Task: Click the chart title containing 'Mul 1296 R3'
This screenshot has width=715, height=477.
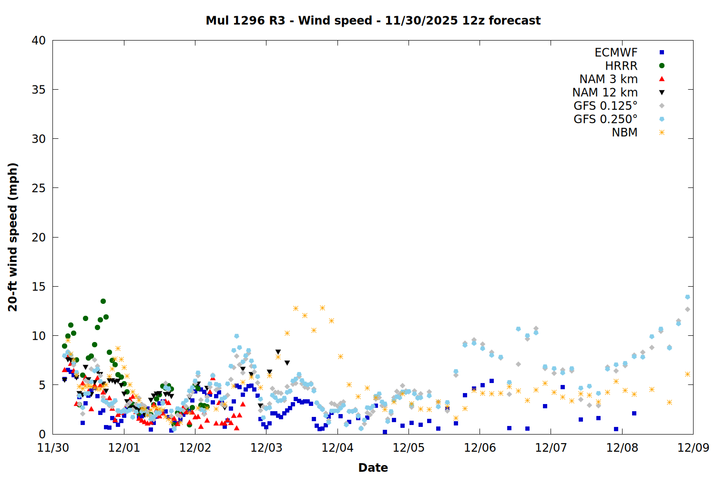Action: pyautogui.click(x=373, y=21)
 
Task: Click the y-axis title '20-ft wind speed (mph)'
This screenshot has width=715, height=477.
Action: pyautogui.click(x=13, y=237)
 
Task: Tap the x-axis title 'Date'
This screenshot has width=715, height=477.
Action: pyautogui.click(x=373, y=467)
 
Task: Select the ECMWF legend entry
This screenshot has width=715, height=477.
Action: pyautogui.click(x=616, y=52)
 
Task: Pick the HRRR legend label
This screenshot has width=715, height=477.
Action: pyautogui.click(x=621, y=66)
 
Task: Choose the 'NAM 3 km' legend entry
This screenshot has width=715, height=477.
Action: pyautogui.click(x=608, y=79)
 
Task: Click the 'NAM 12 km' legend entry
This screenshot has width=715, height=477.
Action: pyautogui.click(x=605, y=93)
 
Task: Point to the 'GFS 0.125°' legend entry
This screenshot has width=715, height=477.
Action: pyautogui.click(x=605, y=106)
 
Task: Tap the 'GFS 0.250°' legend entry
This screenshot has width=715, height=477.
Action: pyautogui.click(x=605, y=119)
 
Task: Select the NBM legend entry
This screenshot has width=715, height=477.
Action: pyautogui.click(x=624, y=133)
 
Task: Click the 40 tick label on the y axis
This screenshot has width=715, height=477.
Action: pyautogui.click(x=39, y=41)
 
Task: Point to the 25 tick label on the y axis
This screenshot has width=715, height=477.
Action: pyautogui.click(x=39, y=188)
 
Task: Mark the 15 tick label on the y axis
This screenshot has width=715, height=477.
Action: pyautogui.click(x=39, y=287)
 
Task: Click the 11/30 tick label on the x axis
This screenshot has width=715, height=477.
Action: pyautogui.click(x=52, y=448)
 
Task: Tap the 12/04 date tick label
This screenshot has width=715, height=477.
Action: pyautogui.click(x=337, y=448)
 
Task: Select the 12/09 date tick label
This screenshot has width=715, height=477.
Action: pyautogui.click(x=693, y=448)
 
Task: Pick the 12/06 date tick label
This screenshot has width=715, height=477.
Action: pyautogui.click(x=480, y=448)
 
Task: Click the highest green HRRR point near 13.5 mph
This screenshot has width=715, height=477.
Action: pyautogui.click(x=103, y=301)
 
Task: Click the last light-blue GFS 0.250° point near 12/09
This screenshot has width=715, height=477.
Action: pyautogui.click(x=687, y=297)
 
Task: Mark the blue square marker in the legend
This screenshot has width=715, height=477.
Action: pyautogui.click(x=662, y=52)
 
